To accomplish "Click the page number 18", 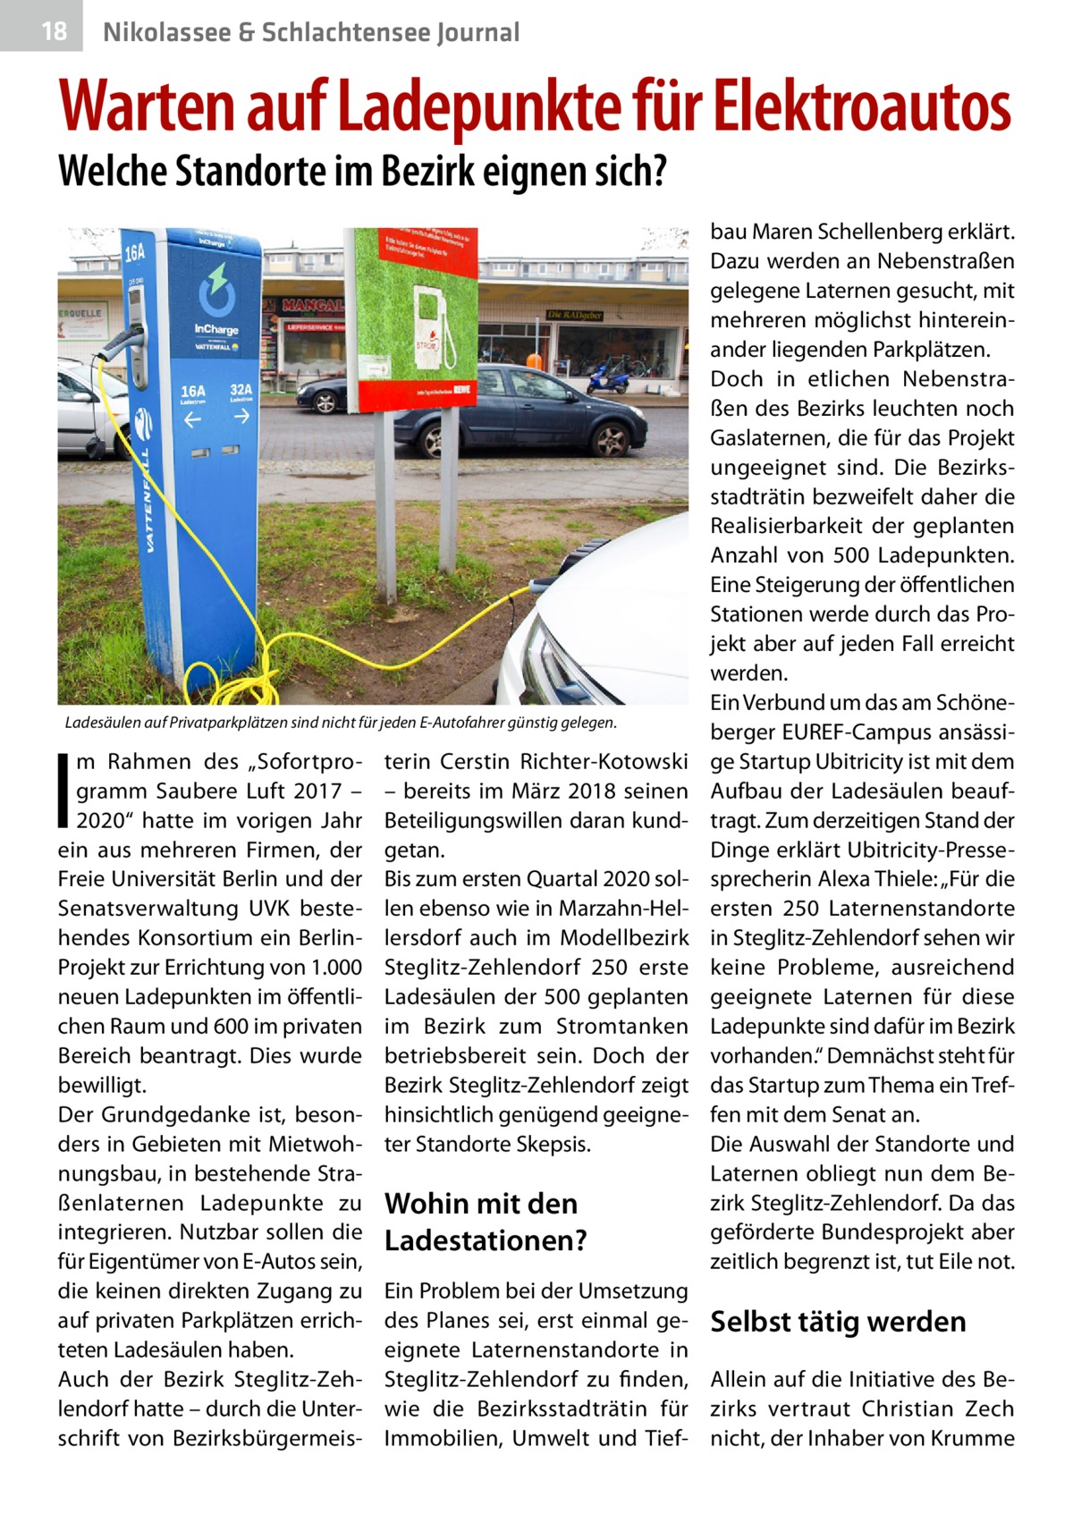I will [54, 31].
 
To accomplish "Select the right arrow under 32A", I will [241, 421].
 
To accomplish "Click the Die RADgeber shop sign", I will [574, 315].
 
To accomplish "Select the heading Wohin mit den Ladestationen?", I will [486, 1222].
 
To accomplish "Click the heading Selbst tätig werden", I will [838, 1321].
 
